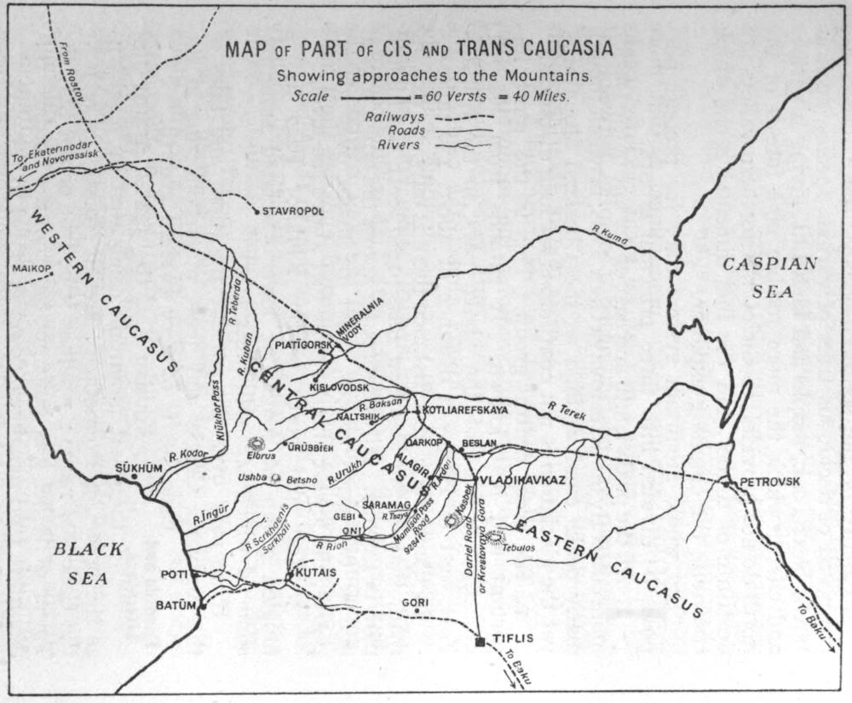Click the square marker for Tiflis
(x=481, y=642)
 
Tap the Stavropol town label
(x=293, y=211)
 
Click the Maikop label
(x=32, y=269)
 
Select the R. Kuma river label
(x=609, y=234)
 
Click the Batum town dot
(x=203, y=607)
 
